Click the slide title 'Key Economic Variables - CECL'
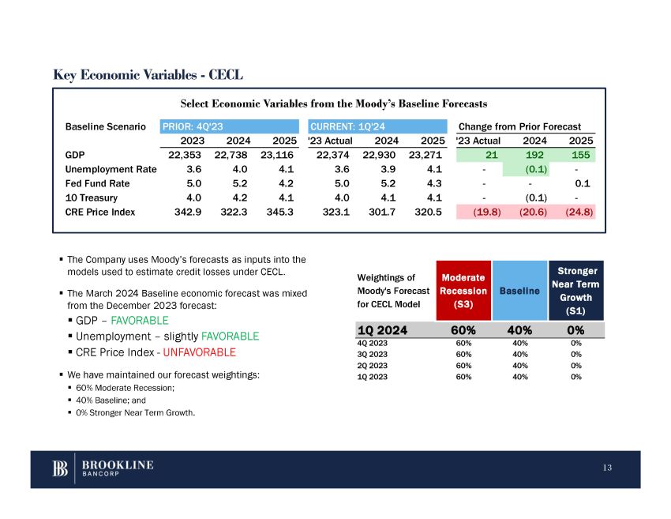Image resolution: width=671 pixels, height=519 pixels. point(148,76)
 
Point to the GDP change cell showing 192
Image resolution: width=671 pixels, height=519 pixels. point(534,155)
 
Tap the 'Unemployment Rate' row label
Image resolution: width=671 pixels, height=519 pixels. point(111,169)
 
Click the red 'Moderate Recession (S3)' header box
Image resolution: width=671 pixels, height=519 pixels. point(463,290)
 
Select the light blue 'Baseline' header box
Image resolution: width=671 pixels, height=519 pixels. point(519,290)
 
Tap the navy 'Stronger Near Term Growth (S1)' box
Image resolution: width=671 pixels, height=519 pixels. point(575,290)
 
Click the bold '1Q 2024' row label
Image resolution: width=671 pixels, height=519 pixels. point(383,330)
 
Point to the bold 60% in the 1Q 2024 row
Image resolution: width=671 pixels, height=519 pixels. point(463,330)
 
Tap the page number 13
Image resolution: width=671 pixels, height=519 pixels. point(606,468)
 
